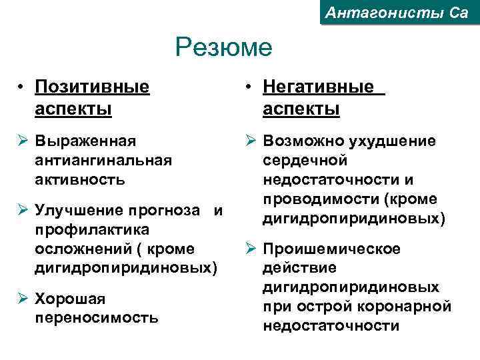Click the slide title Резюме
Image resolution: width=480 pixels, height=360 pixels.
(224, 48)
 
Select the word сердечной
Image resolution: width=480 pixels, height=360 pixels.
(305, 161)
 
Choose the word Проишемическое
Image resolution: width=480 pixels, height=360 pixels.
(332, 249)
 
